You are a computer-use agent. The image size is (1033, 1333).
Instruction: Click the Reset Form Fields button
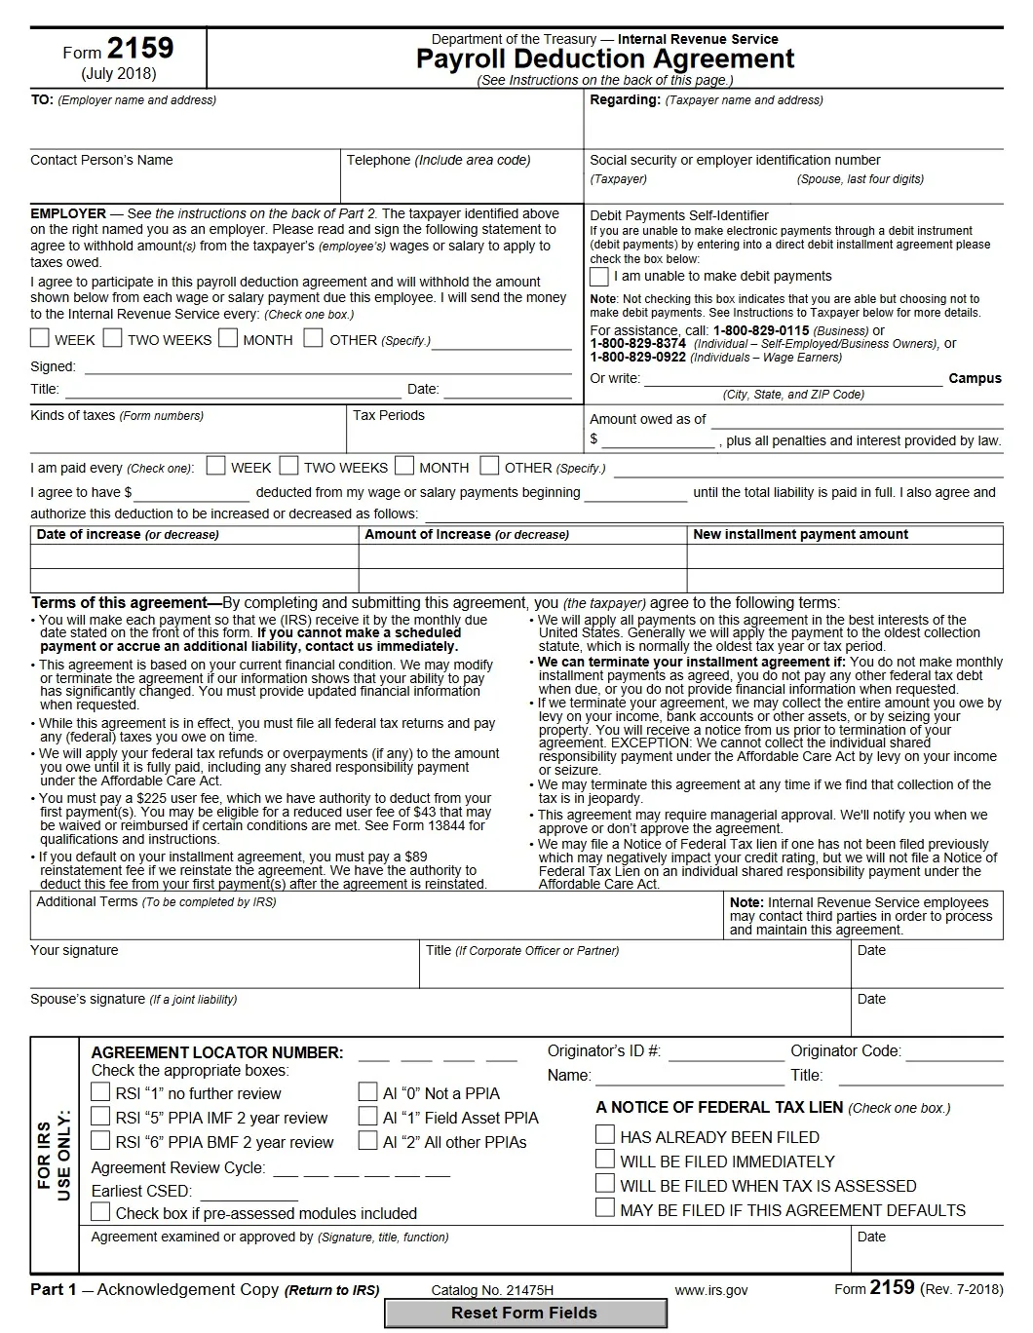pos(524,1313)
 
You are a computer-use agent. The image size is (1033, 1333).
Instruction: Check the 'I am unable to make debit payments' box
pos(599,277)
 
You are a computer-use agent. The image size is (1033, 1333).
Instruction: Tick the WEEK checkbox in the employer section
pos(40,338)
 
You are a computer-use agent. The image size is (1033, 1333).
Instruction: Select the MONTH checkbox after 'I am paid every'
pos(404,466)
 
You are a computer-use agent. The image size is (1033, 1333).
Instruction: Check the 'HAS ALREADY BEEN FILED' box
pos(605,1135)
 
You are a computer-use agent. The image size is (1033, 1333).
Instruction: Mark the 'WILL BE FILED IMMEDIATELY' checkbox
pos(605,1160)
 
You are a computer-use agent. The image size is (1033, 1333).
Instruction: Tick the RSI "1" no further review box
pos(100,1092)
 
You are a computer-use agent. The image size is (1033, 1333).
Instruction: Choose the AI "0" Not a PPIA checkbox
pos(367,1092)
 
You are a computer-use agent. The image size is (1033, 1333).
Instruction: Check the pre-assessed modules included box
pos(100,1212)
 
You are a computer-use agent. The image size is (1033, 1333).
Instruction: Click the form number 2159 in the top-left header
pos(140,49)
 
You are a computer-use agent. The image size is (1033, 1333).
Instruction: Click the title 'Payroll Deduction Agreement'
pos(604,59)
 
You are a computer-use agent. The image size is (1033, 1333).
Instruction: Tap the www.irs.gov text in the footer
pos(711,1290)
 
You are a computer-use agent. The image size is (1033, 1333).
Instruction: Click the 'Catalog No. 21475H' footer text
pos(492,1290)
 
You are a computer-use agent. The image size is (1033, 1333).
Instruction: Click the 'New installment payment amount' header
pos(800,535)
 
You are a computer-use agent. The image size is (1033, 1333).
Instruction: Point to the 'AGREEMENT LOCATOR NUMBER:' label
pos(216,1052)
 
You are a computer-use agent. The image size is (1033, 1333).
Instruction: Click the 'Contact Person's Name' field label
pos(101,160)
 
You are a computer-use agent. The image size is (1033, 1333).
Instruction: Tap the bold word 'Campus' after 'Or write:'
pos(975,378)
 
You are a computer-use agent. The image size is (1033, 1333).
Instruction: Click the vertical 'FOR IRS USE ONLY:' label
pos(55,1155)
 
